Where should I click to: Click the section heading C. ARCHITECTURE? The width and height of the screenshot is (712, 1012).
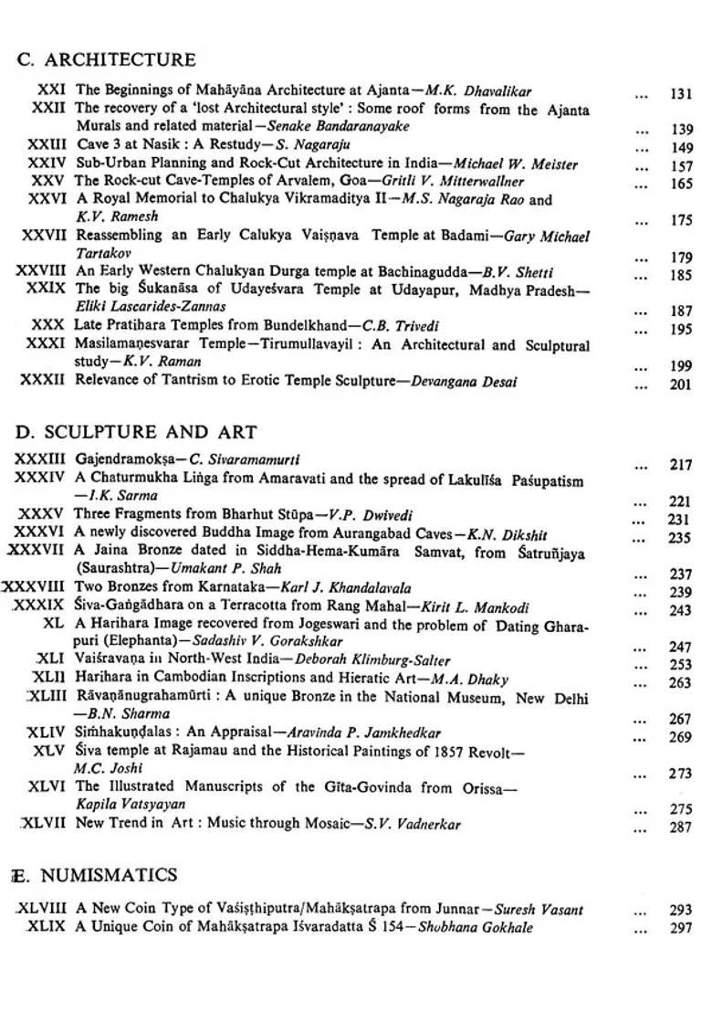tap(106, 60)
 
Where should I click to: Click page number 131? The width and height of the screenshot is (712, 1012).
tap(681, 93)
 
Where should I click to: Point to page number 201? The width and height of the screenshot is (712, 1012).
tap(681, 385)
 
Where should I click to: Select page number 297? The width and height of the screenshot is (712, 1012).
tap(681, 928)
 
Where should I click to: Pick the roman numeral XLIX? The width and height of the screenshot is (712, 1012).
tap(46, 927)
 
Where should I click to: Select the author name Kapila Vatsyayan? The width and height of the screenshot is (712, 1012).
tap(131, 804)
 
